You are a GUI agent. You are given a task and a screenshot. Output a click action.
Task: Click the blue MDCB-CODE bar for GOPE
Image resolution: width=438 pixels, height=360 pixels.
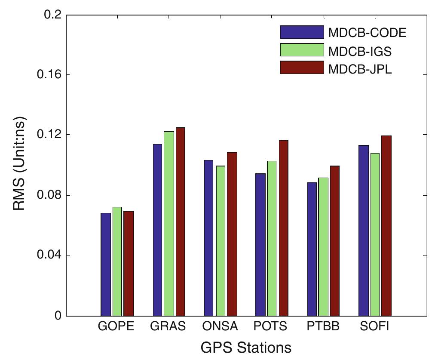tap(106, 264)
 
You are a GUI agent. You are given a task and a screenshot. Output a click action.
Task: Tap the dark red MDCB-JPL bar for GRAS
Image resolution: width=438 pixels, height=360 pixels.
tap(180, 222)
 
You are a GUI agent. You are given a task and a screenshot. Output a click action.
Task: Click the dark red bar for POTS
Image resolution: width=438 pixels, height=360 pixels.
tap(283, 228)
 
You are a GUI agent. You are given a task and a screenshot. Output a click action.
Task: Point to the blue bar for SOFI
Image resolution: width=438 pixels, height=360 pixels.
tap(364, 230)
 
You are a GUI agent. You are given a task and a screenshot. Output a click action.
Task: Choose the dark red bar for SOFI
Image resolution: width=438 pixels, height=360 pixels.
tap(386, 225)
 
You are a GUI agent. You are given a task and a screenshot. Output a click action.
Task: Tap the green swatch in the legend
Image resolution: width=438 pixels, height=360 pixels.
tap(301, 50)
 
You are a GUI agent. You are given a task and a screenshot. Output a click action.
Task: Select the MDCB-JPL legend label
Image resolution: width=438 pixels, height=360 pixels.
tap(360, 68)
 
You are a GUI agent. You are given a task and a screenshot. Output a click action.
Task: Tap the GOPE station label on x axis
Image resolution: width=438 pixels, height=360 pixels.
tap(116, 326)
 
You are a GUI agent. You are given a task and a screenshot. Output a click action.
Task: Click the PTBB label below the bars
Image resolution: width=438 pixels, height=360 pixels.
tap(323, 326)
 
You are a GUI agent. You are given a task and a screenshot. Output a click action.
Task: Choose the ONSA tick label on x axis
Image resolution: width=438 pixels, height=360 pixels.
tap(220, 326)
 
